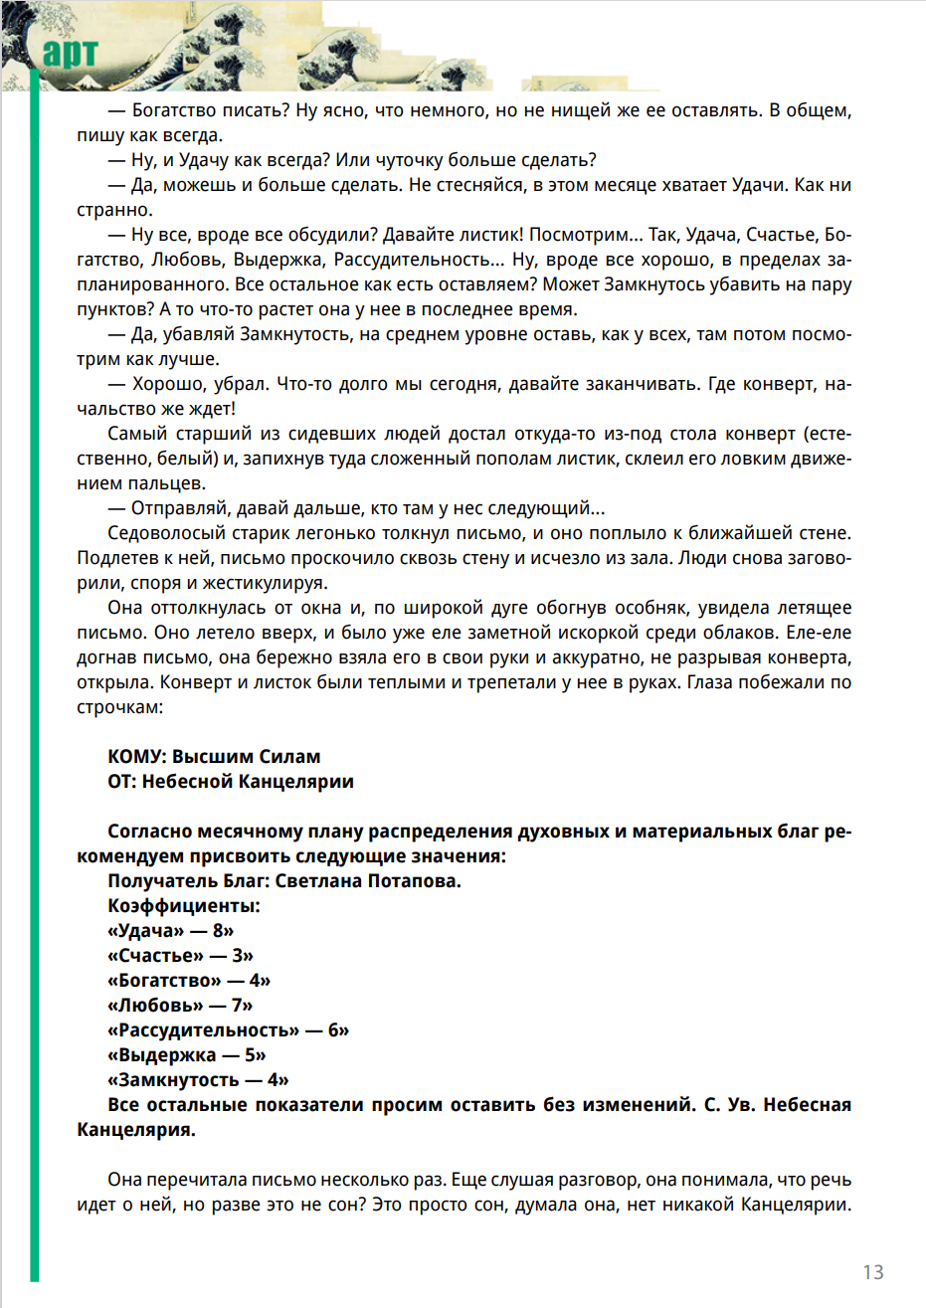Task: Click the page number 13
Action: [x=872, y=1271]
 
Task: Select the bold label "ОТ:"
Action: [x=122, y=782]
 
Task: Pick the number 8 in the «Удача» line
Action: [x=219, y=931]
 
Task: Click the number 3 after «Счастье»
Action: [x=238, y=956]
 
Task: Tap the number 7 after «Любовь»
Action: [x=237, y=1006]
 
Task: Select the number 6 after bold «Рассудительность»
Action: [x=334, y=1030]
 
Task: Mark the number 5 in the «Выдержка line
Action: [x=251, y=1055]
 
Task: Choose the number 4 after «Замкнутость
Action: [x=274, y=1080]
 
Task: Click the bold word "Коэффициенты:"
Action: [x=184, y=906]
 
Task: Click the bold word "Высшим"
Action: [x=208, y=757]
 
